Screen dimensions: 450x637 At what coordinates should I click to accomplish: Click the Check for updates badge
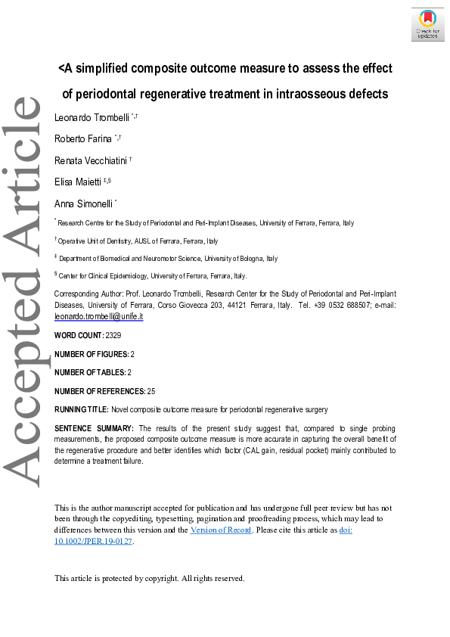click(427, 24)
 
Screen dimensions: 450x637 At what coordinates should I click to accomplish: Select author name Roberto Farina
click(82, 138)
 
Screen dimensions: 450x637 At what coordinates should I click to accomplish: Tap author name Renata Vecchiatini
click(90, 160)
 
